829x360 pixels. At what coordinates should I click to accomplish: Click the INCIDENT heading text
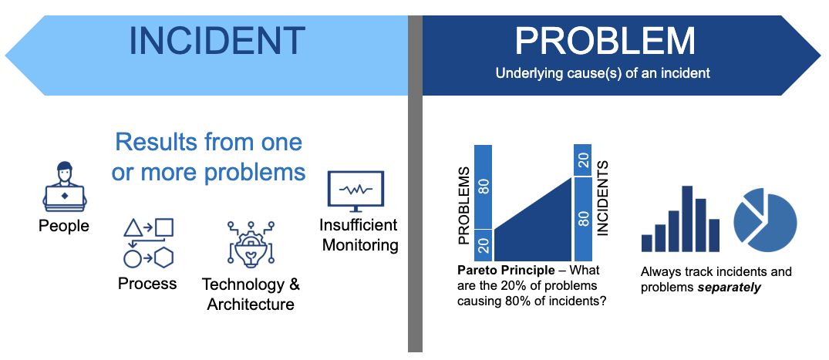(x=217, y=41)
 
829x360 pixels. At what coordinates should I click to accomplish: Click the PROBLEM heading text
(x=605, y=41)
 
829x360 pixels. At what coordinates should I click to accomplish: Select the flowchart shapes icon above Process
(x=149, y=243)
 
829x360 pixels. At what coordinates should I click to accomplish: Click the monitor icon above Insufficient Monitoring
(x=356, y=191)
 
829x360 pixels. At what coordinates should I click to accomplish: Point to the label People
(x=64, y=226)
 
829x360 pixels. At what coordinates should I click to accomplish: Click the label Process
(x=147, y=284)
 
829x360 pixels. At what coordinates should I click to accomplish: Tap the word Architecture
(x=251, y=304)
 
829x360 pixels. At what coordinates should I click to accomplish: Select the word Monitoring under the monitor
(x=360, y=245)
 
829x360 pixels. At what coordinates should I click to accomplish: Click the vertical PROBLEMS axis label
(x=463, y=207)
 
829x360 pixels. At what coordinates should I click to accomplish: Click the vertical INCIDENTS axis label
(x=603, y=197)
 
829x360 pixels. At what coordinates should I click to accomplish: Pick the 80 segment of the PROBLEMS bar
(x=484, y=187)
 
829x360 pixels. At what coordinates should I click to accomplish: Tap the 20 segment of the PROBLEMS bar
(x=484, y=246)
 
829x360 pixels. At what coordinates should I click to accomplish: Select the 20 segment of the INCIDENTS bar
(x=583, y=160)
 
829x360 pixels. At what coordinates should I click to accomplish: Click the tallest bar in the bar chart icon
(x=687, y=219)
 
